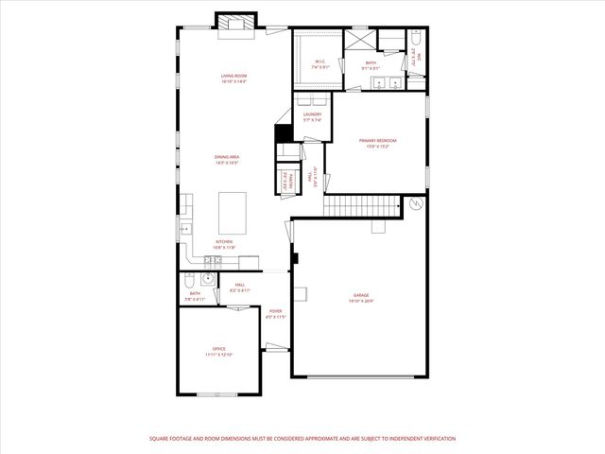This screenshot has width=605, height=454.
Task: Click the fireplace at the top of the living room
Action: point(235,24)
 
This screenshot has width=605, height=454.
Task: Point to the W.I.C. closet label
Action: point(321,62)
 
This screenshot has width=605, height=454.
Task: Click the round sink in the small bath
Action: point(208,279)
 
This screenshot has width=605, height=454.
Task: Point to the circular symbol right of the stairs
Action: point(414,204)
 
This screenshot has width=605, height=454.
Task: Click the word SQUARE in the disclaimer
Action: point(163,439)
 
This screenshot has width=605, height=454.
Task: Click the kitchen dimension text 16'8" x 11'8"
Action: point(224,247)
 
